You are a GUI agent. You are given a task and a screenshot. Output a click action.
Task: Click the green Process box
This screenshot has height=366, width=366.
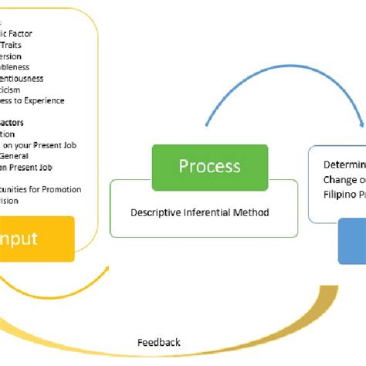[x=209, y=167]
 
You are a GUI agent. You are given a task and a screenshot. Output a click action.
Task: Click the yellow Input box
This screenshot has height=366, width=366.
[x=37, y=239]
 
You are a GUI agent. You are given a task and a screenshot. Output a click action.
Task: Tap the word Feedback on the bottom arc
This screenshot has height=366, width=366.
[x=159, y=342]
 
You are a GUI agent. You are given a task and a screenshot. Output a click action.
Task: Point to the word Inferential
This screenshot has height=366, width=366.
[x=207, y=212]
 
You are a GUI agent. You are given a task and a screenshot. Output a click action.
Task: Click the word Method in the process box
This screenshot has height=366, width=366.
[x=252, y=212]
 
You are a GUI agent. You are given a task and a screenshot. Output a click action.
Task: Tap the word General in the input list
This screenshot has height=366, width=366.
[x=18, y=156]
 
